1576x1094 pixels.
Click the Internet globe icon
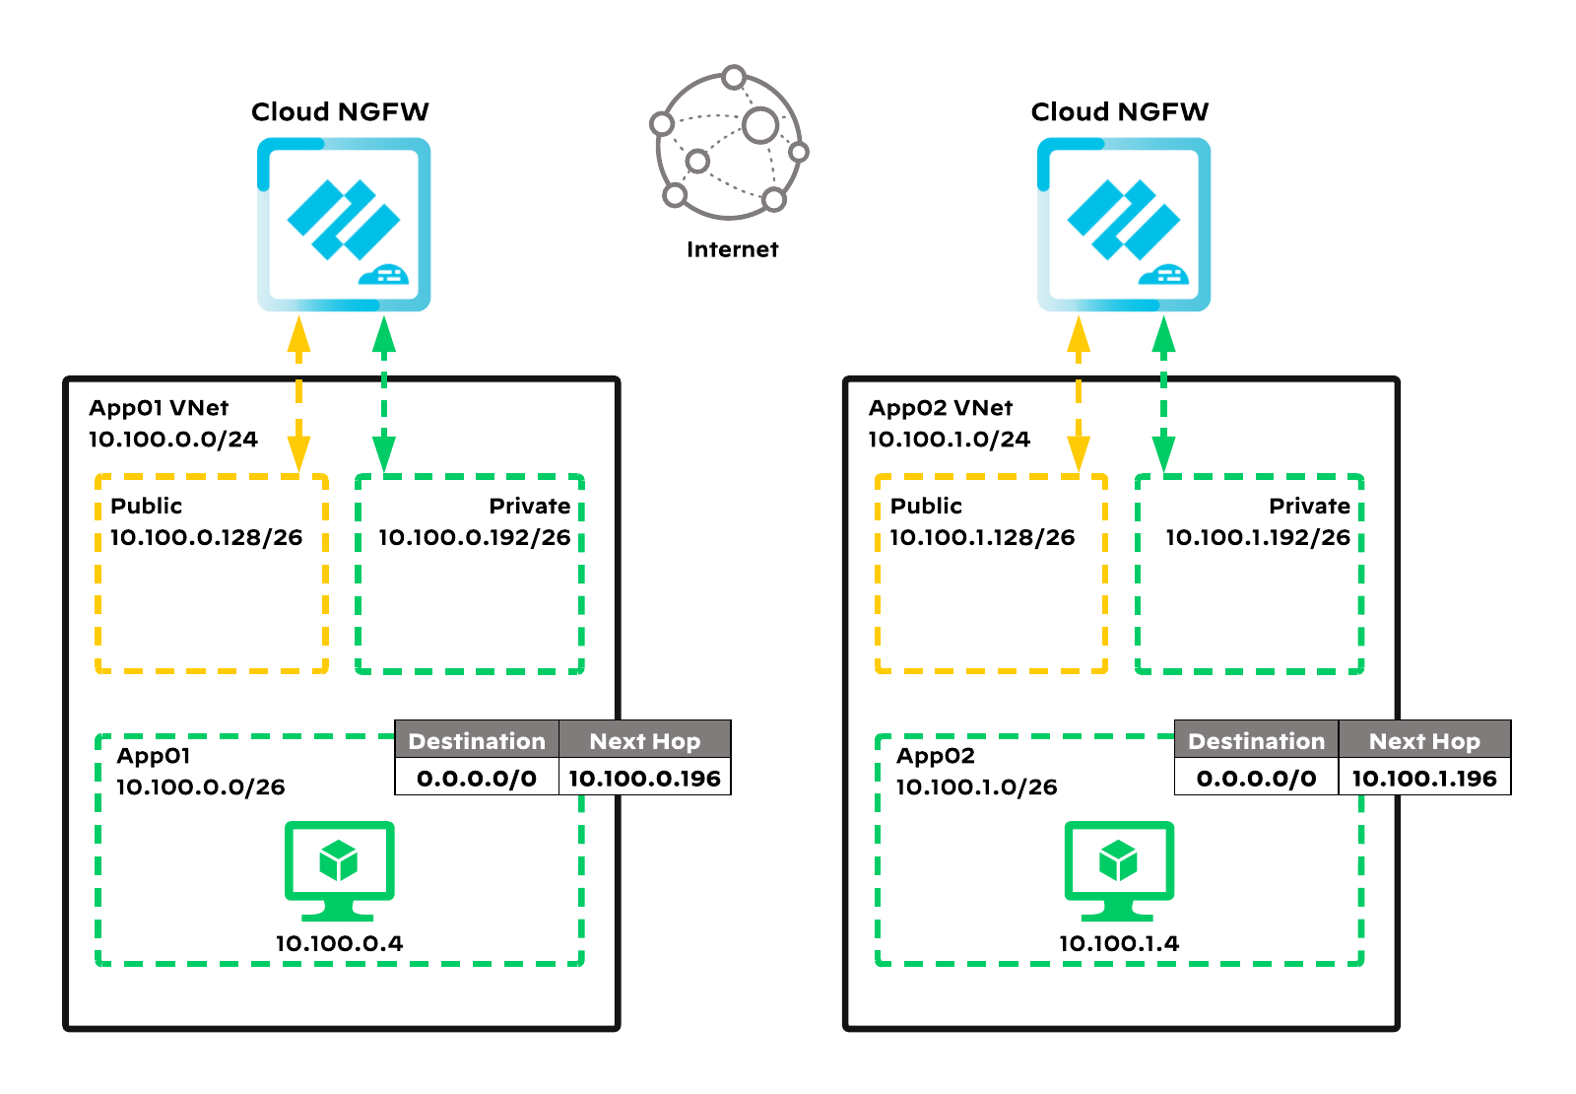click(x=730, y=144)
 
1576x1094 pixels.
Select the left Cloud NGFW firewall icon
click(x=343, y=225)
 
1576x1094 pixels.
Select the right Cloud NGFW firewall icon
click(x=1123, y=225)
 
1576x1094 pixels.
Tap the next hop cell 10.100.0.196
click(x=644, y=778)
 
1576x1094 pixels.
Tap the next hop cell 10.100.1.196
click(x=1424, y=778)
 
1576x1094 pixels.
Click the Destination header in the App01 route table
click(x=477, y=740)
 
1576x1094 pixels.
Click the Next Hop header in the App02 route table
click(x=1424, y=740)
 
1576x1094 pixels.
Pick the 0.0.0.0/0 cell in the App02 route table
click(x=1256, y=778)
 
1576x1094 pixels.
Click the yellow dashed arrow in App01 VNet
click(x=298, y=394)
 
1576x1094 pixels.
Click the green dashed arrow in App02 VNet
click(x=1164, y=394)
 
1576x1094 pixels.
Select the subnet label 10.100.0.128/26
click(x=206, y=537)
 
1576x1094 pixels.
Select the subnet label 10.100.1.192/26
click(x=1258, y=537)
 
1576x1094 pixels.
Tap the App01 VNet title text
click(x=159, y=408)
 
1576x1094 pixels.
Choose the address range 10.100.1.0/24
click(x=949, y=440)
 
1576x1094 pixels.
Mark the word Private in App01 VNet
click(x=530, y=506)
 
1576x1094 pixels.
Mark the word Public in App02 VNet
click(x=926, y=506)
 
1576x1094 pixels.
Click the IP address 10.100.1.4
click(x=1119, y=943)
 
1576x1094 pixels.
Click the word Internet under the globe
click(x=732, y=249)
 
